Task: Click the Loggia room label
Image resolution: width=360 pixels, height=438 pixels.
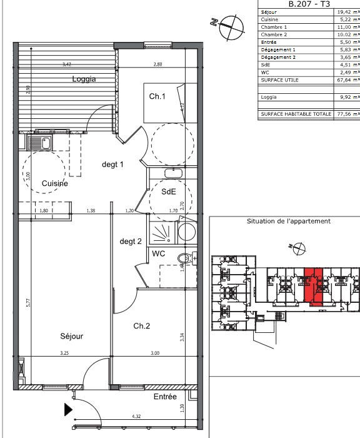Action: (x=84, y=79)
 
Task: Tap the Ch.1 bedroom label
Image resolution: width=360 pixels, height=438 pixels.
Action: (x=156, y=96)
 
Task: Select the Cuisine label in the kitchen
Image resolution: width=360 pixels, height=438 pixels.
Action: (x=55, y=183)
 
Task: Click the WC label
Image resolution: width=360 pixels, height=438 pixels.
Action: (x=158, y=253)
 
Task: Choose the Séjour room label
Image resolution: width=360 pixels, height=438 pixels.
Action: (x=72, y=336)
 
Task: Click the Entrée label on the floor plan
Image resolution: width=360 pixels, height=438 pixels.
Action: (x=165, y=397)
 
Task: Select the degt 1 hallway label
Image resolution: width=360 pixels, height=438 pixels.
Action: (x=114, y=165)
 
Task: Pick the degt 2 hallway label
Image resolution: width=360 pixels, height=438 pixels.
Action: (x=131, y=241)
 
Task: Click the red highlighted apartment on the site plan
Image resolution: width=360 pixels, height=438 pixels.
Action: (x=312, y=287)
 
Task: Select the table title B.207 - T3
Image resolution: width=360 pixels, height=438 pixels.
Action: (x=308, y=4)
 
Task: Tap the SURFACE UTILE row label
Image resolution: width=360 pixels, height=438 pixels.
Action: (x=279, y=79)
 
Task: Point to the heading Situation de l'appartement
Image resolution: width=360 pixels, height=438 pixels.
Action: (x=289, y=221)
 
